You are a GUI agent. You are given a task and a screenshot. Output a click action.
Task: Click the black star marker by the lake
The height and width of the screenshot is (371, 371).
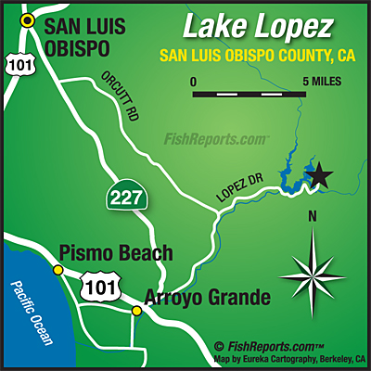point(319,173)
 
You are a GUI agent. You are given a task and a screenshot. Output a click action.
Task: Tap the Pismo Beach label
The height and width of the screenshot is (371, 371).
point(115,252)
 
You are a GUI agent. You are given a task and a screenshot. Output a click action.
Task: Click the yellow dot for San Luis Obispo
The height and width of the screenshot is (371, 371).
point(30,19)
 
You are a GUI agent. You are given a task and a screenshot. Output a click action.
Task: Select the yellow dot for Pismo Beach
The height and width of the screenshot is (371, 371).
point(58,270)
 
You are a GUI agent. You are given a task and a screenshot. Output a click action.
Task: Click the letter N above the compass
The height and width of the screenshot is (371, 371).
point(313,218)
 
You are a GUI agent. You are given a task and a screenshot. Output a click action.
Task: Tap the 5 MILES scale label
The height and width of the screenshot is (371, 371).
point(320,82)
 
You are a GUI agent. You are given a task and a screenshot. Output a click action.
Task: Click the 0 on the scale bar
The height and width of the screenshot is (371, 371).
point(194,82)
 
